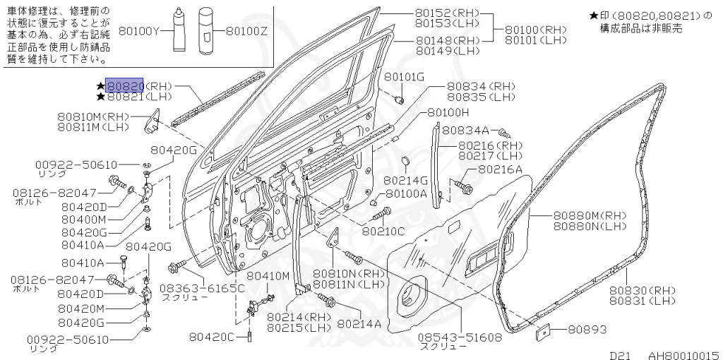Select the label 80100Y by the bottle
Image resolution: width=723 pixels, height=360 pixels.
coord(141,31)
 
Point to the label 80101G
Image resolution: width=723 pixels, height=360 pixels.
coord(405,76)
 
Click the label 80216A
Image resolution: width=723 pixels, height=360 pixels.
coord(501,169)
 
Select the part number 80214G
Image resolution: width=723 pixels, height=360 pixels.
coord(405,181)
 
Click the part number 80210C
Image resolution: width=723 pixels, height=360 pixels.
coord(383,230)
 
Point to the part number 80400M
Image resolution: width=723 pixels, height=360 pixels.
coord(83,220)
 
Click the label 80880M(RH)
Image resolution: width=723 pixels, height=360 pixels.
coord(590,215)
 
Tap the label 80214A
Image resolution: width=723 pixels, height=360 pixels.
coord(359,323)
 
